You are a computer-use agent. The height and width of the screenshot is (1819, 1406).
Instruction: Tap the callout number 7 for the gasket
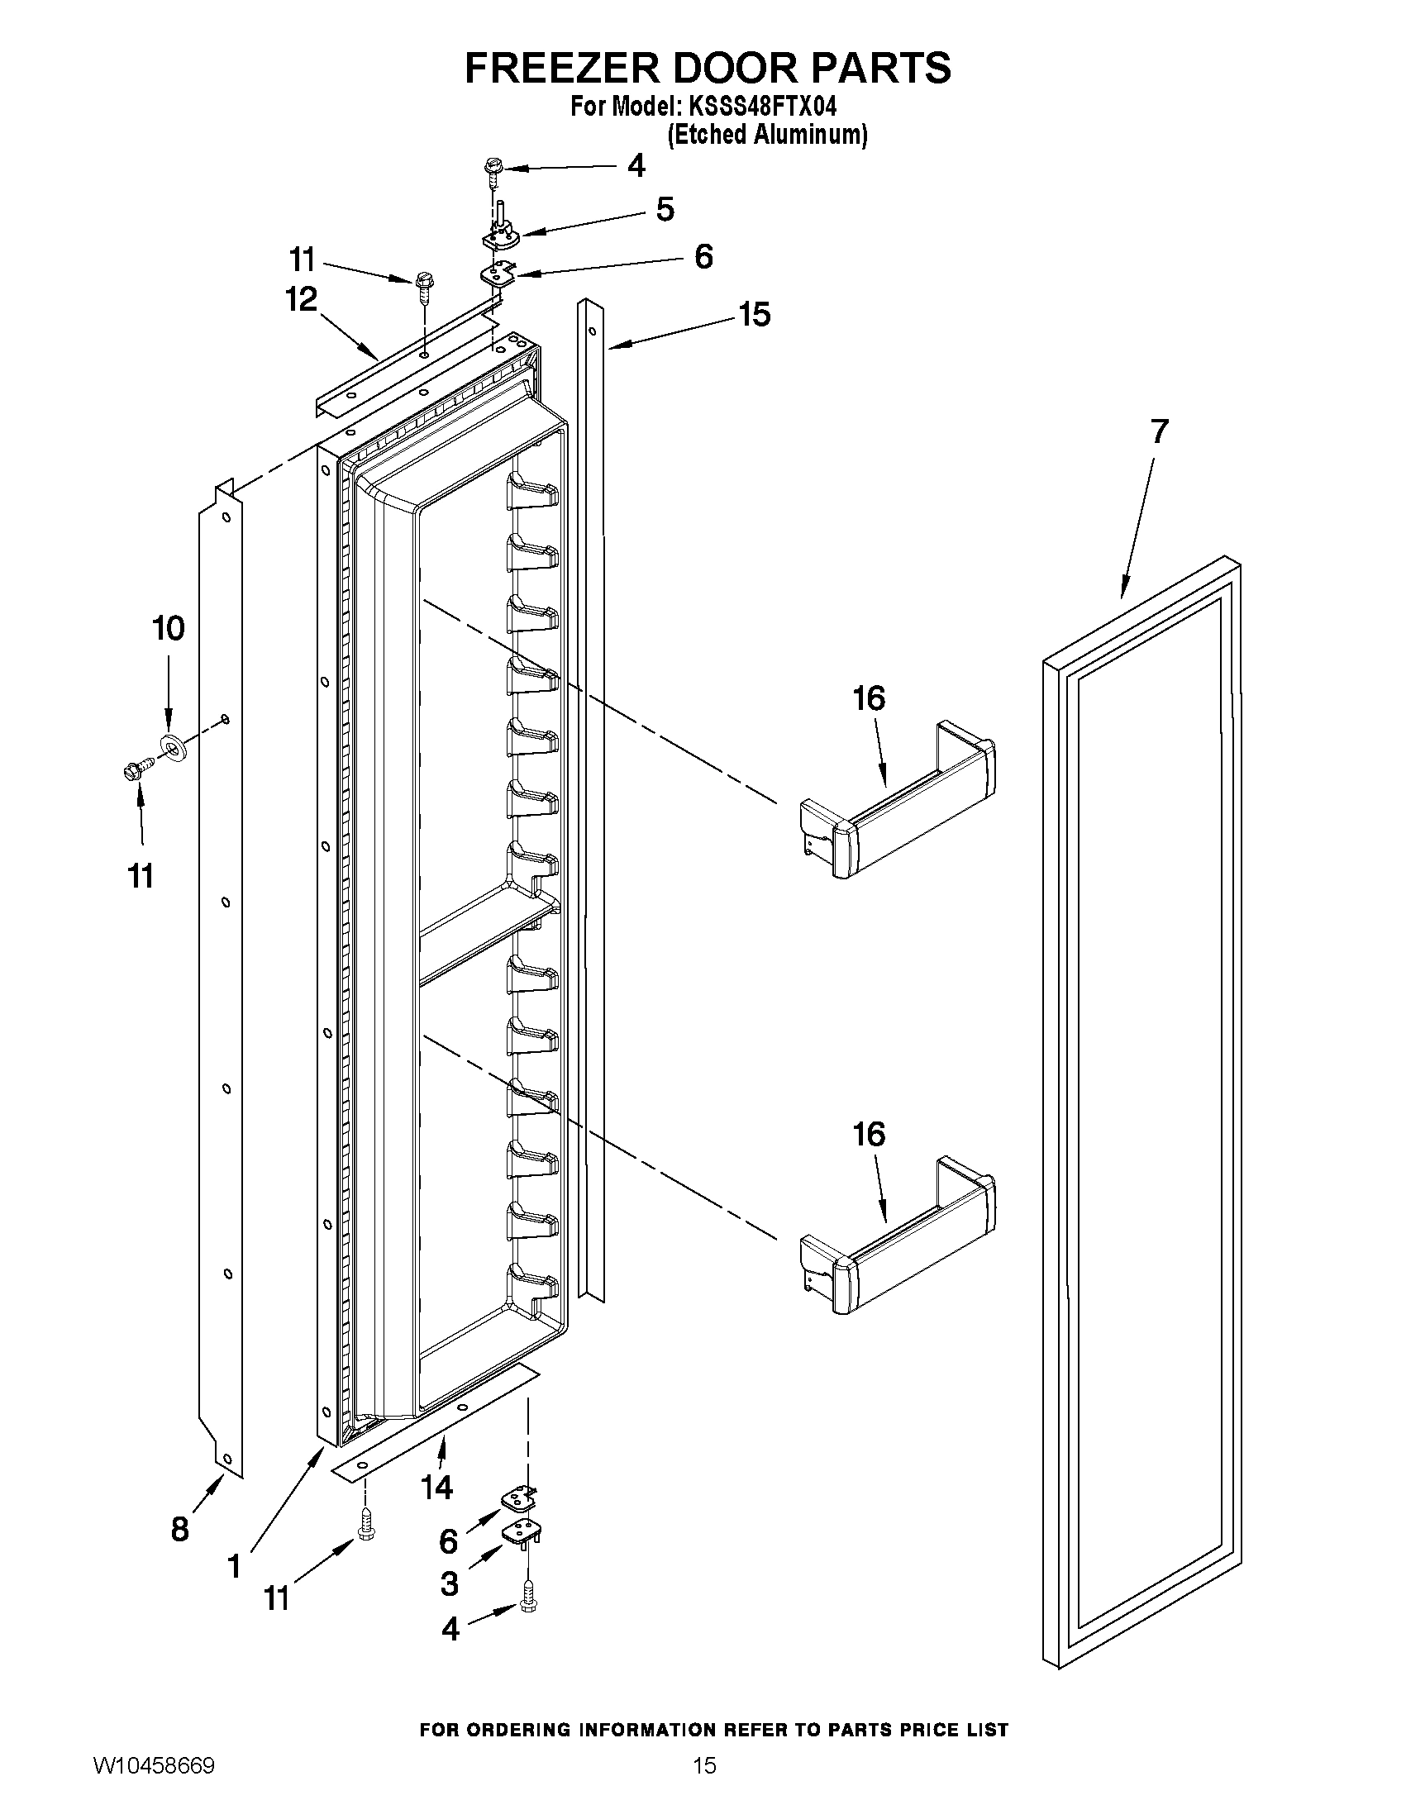tap(1159, 431)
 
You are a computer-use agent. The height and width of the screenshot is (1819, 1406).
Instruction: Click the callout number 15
tap(754, 315)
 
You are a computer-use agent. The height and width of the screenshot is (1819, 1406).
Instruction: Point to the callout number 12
tap(302, 299)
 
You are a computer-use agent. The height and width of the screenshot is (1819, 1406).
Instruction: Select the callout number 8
tap(180, 1529)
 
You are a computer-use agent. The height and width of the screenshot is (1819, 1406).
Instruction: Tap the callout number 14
tap(436, 1487)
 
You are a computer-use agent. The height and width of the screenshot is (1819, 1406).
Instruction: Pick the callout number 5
tap(665, 209)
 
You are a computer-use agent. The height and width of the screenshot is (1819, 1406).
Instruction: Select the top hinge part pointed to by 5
tap(501, 234)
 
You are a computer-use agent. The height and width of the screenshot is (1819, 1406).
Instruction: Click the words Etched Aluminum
tap(767, 135)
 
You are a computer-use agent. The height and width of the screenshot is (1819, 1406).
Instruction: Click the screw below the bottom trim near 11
tap(365, 1523)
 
